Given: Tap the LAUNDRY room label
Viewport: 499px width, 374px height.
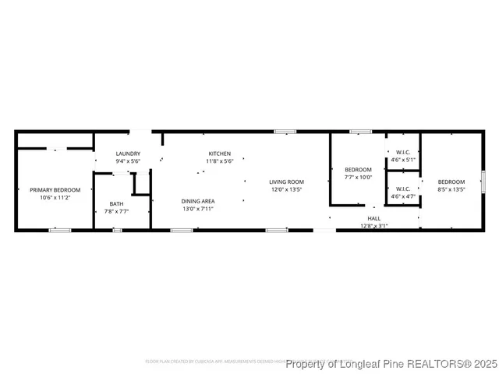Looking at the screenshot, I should coord(128,153).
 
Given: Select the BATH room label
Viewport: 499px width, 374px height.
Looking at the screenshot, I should coord(116,204).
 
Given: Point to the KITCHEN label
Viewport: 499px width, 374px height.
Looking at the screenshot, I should coord(219,153).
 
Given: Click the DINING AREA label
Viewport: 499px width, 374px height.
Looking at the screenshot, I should coord(198,201).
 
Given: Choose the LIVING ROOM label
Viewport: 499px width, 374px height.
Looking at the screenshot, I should coord(286,182).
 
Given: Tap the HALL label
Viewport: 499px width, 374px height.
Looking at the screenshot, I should coord(374,219).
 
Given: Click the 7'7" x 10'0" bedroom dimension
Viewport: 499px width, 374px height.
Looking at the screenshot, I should coord(359,177).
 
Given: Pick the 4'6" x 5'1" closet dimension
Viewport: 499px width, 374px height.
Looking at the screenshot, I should coord(403,160).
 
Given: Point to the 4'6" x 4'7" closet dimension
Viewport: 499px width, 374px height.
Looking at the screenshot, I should coord(403,196).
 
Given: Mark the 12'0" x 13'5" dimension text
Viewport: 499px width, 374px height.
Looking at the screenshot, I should coord(286,189).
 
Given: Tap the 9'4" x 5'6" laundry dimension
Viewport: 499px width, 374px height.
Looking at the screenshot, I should coord(128,161).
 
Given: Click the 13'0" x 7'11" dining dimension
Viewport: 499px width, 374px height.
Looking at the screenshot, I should coord(198,209).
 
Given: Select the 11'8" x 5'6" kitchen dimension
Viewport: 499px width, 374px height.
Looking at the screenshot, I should coord(219,161).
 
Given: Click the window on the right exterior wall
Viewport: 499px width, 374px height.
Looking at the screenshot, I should coord(483,181).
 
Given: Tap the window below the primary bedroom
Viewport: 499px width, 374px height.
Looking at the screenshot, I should coord(60,230).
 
